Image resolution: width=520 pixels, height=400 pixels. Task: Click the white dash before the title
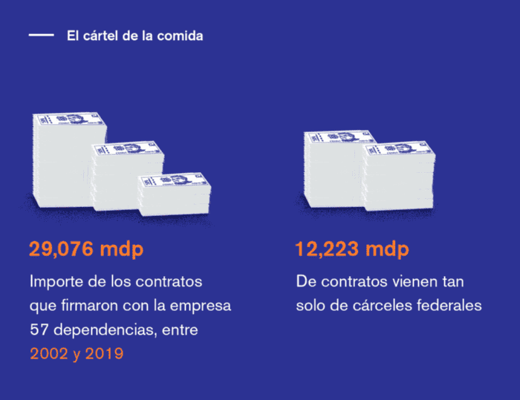point(41,35)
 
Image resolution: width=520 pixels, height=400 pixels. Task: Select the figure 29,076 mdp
point(86,249)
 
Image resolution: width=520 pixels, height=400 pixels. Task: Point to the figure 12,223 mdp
point(352,249)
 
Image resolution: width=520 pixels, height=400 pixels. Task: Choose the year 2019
point(105,353)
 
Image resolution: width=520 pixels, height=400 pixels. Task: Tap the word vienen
point(413,282)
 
